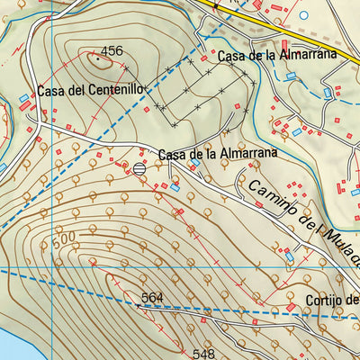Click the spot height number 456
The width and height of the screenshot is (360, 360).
point(112,51)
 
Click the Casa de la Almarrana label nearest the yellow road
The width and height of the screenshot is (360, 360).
point(277,55)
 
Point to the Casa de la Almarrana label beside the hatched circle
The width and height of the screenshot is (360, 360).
point(216,154)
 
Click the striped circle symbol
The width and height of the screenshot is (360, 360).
point(139,168)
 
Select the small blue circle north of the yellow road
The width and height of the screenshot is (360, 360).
point(303,14)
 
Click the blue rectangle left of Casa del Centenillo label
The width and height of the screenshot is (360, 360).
point(23,97)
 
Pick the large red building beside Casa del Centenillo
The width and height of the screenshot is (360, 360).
point(23,107)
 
